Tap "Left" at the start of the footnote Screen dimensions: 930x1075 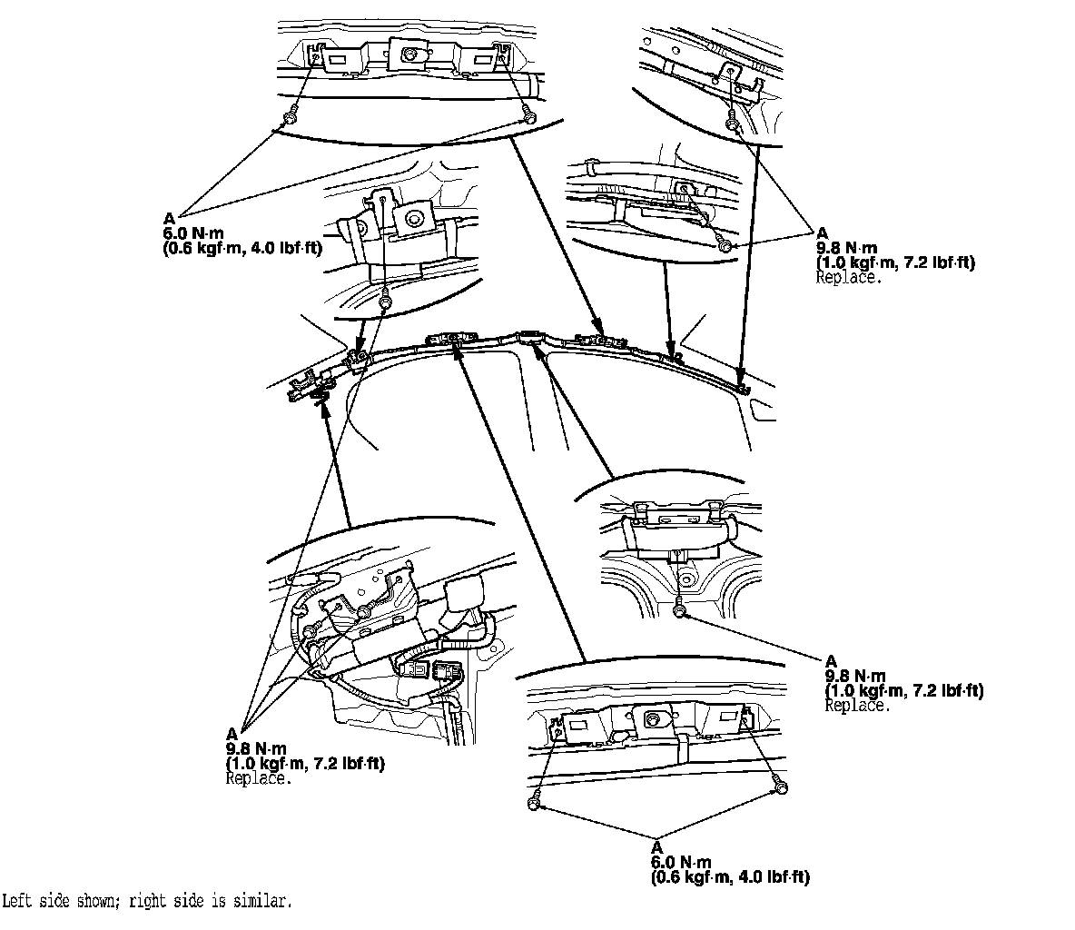(x=17, y=902)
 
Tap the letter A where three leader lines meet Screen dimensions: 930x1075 (x=232, y=733)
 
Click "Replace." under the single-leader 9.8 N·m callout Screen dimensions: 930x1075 (x=856, y=705)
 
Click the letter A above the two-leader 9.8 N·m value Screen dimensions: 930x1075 (x=823, y=232)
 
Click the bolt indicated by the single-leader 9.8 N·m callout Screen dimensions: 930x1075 (x=679, y=614)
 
